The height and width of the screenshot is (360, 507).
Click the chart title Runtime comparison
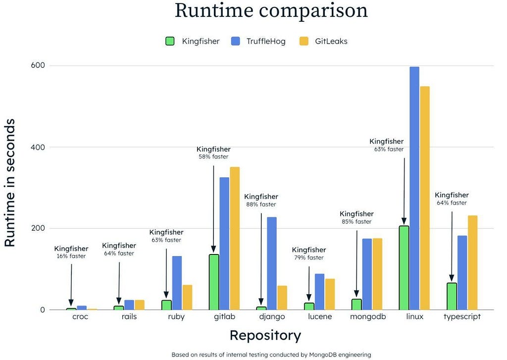[271, 11]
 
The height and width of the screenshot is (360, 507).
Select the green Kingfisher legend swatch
[170, 41]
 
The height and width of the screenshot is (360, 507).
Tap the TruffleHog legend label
[265, 41]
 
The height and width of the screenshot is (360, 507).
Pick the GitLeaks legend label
[331, 41]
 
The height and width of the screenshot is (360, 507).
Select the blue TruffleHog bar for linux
[414, 188]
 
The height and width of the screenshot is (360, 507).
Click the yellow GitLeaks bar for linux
[424, 198]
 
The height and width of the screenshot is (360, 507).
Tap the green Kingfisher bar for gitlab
[214, 282]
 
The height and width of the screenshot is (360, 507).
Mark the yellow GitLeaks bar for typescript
[472, 262]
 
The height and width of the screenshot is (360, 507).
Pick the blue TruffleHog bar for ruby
[177, 283]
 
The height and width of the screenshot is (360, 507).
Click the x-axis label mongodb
[367, 317]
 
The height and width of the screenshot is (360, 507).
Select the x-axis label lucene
[320, 317]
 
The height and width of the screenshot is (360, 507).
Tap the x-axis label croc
[80, 317]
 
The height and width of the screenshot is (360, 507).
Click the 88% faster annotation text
[261, 205]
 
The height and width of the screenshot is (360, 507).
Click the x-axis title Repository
[265, 336]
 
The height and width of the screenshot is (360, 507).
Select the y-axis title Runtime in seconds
[10, 183]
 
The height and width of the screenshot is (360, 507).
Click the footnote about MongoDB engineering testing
[271, 355]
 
